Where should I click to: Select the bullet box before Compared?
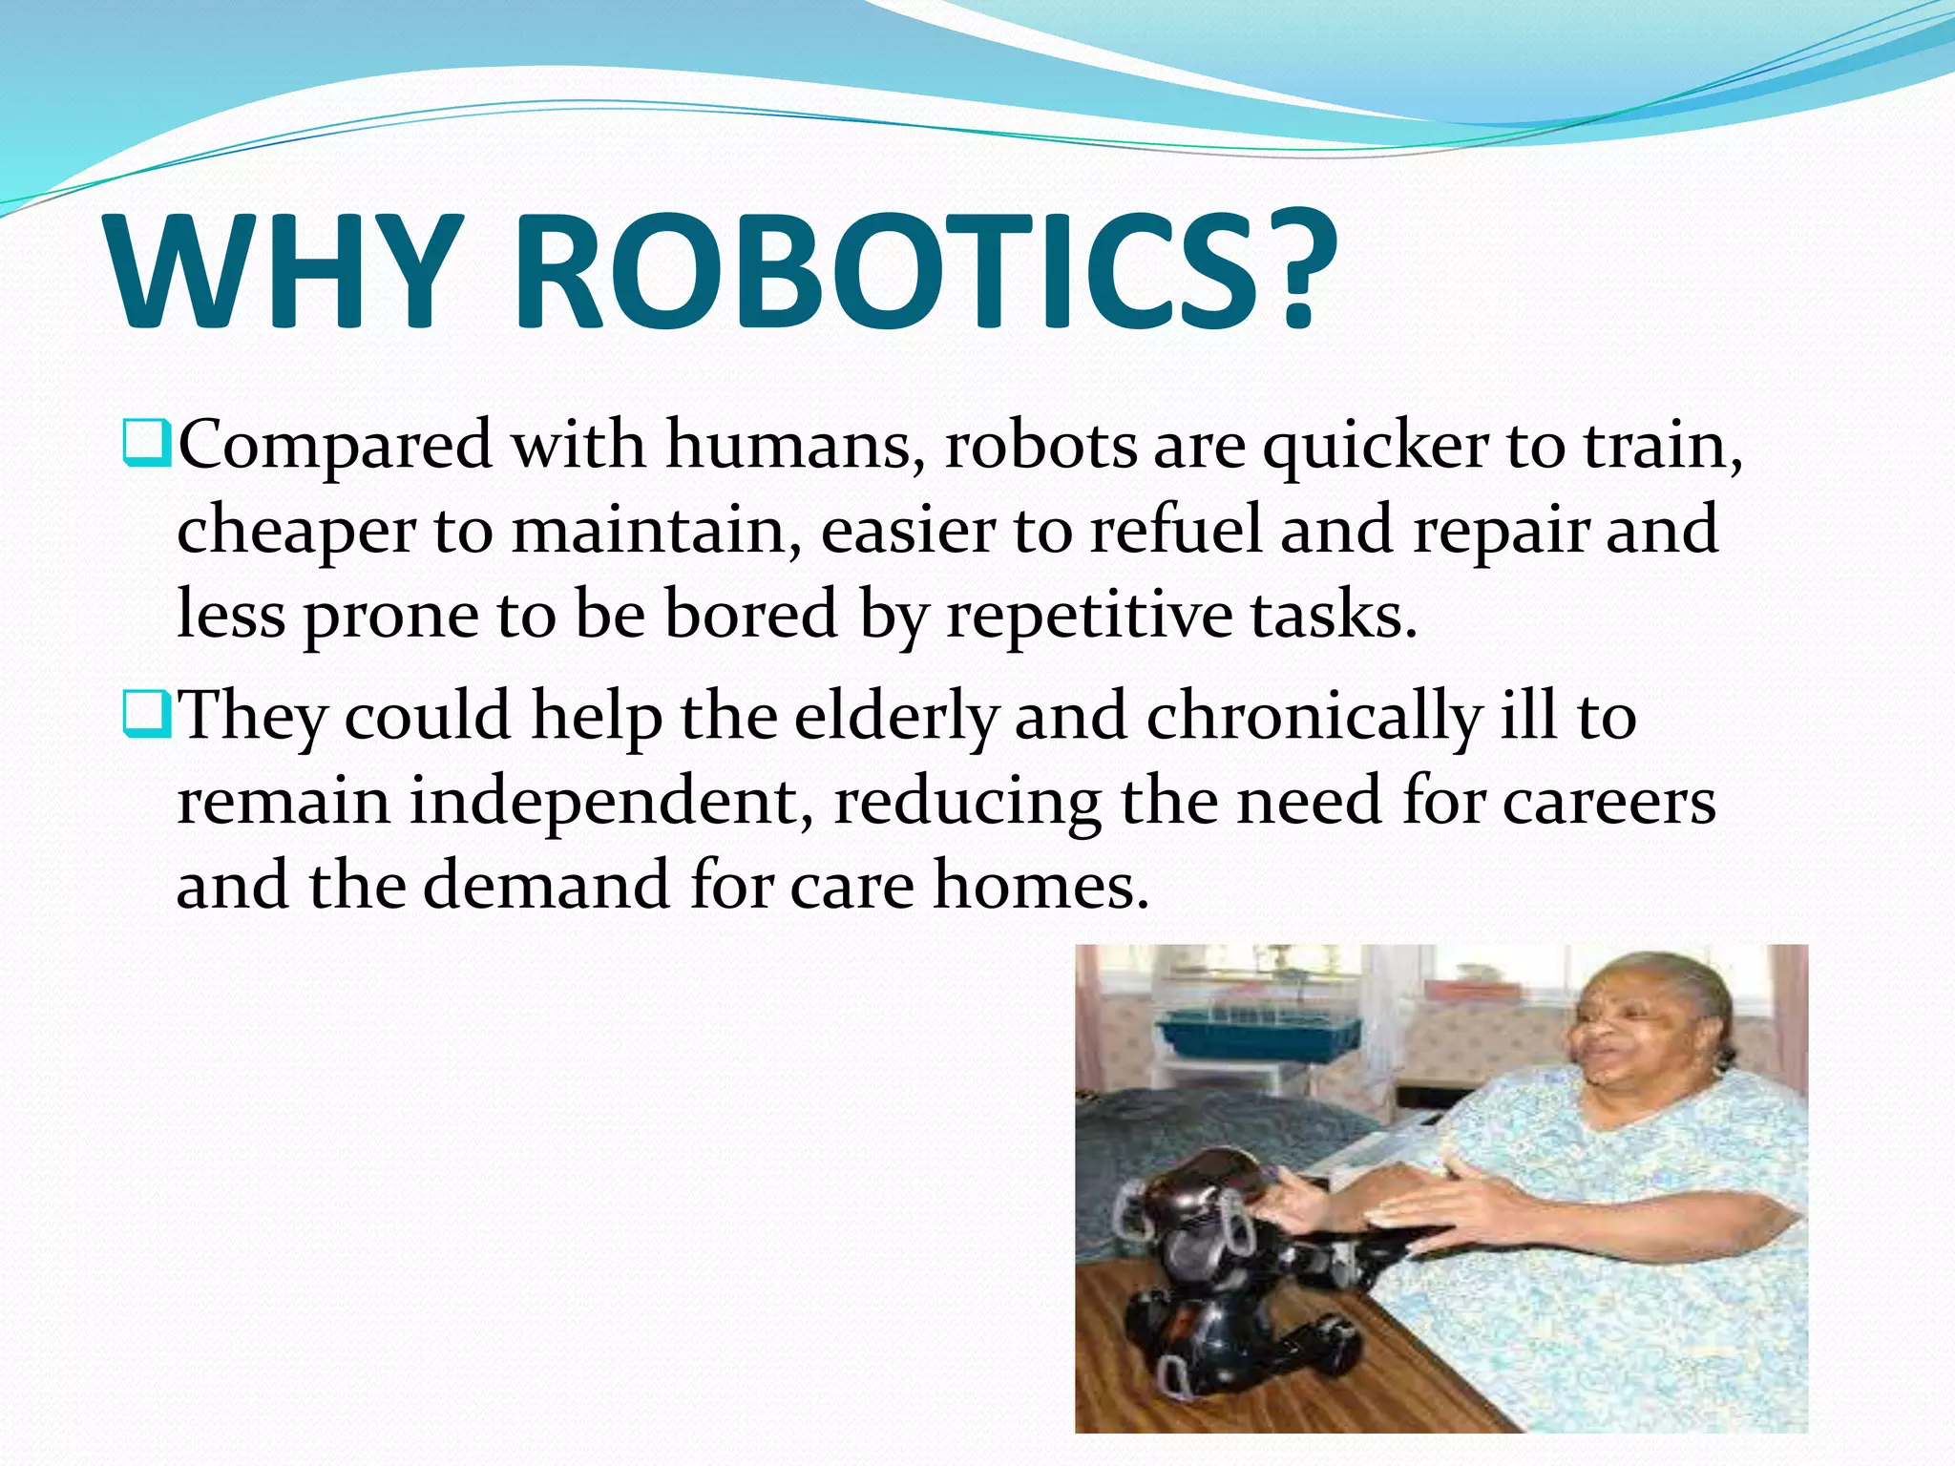[147, 444]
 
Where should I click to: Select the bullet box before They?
[147, 716]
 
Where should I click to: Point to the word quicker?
[1376, 447]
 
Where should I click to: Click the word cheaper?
[296, 531]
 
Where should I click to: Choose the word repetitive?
[1089, 615]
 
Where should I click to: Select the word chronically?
[1314, 717]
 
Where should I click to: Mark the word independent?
[611, 802]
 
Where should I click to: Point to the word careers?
[1608, 802]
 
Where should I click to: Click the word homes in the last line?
[1041, 886]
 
